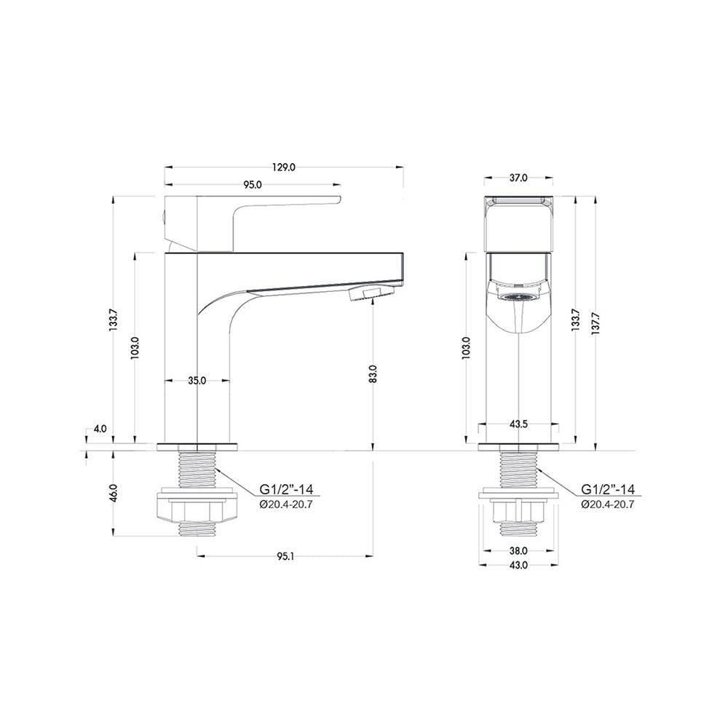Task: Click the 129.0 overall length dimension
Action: point(284,167)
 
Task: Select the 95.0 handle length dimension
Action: point(253,185)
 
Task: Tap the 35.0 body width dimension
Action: point(197,381)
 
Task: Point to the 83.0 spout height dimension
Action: point(373,373)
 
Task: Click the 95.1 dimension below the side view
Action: point(285,555)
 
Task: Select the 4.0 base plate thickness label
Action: point(100,429)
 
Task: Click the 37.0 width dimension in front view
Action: point(518,178)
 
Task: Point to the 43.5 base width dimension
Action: point(518,424)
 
